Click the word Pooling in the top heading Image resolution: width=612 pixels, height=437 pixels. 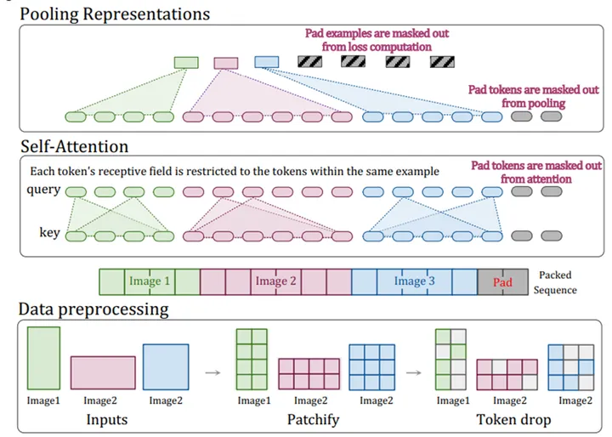[48, 14]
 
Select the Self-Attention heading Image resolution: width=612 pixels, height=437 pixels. [75, 147]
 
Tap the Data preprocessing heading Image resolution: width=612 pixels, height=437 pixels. [93, 309]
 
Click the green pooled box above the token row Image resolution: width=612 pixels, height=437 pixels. [186, 62]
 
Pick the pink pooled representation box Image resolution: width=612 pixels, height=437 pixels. [226, 63]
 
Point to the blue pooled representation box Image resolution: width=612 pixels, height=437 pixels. [267, 62]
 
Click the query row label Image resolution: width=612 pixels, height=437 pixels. [43, 190]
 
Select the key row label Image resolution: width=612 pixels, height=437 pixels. [49, 232]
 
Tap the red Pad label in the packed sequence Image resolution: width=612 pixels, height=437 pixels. [502, 282]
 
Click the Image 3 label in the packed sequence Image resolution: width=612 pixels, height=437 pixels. [414, 281]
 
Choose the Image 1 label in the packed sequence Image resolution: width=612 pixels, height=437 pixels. [150, 281]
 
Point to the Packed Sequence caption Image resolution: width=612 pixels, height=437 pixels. [555, 282]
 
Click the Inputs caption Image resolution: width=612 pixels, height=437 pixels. [107, 420]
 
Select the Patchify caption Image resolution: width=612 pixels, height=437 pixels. [313, 420]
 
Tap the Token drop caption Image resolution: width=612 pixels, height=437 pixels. [513, 420]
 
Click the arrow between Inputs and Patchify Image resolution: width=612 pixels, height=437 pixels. [213, 372]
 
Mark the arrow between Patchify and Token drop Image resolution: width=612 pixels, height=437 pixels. [414, 372]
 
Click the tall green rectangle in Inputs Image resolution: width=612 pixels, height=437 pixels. [43, 358]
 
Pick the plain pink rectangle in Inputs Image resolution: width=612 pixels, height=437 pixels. [103, 372]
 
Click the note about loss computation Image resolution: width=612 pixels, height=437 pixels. [377, 40]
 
